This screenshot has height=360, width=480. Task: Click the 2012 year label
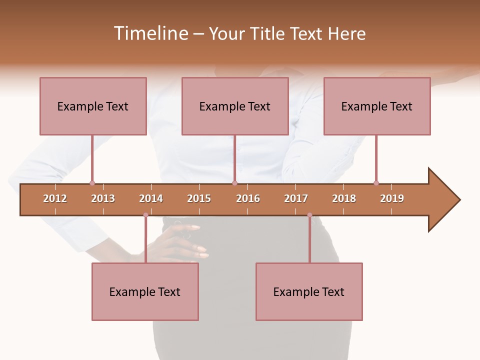(x=55, y=198)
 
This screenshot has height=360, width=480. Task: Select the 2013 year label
(x=103, y=198)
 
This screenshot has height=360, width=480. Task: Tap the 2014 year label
(x=151, y=198)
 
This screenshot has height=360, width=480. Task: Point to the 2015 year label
(x=199, y=198)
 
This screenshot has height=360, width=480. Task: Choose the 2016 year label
(x=248, y=198)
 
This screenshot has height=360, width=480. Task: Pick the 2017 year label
(x=296, y=198)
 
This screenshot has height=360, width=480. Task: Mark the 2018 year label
(x=344, y=198)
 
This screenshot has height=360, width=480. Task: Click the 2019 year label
(x=392, y=198)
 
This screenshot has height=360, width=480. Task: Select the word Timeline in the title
(x=150, y=33)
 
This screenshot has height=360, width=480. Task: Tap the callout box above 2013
(x=93, y=106)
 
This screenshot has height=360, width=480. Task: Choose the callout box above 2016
(x=235, y=106)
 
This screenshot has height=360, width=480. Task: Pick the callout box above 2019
(x=377, y=106)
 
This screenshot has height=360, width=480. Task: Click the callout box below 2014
(x=145, y=291)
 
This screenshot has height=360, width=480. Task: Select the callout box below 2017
(x=309, y=291)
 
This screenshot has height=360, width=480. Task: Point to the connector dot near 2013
(x=92, y=183)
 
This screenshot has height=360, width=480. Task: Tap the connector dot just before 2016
(x=234, y=183)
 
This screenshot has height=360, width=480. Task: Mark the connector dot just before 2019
(x=376, y=183)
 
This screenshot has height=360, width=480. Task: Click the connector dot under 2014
(x=145, y=215)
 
